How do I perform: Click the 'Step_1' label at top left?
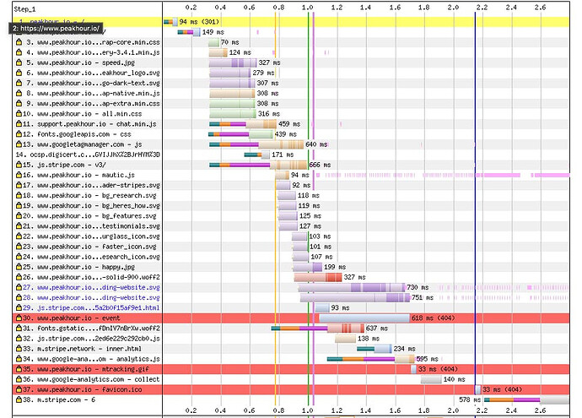pos(26,8)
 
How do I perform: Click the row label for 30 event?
pos(68,318)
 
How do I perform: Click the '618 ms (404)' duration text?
pos(434,318)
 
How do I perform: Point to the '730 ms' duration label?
pos(418,287)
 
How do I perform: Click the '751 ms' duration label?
pos(423,297)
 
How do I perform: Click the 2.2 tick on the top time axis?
pos(481,8)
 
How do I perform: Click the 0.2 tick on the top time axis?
pos(191,8)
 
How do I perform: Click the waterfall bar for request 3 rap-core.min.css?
pos(213,42)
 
